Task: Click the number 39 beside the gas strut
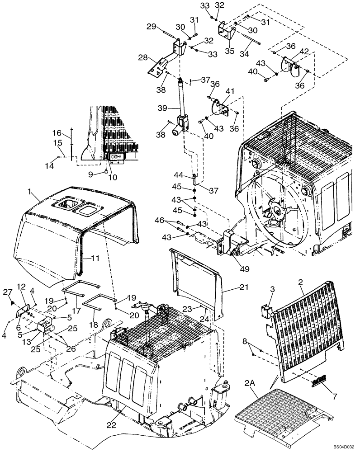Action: click(163, 108)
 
